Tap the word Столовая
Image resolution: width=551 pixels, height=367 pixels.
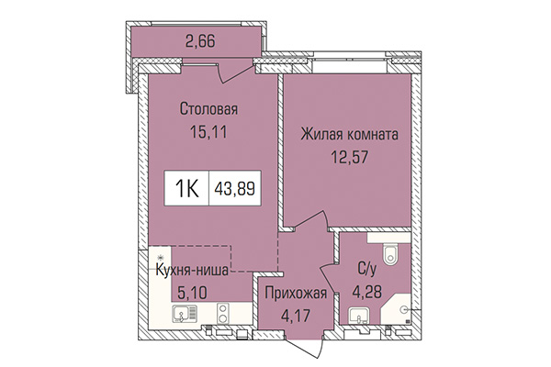pos(208,110)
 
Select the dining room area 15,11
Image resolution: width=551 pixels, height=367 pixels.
pos(208,131)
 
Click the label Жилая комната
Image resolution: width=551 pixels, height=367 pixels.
pos(349,134)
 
